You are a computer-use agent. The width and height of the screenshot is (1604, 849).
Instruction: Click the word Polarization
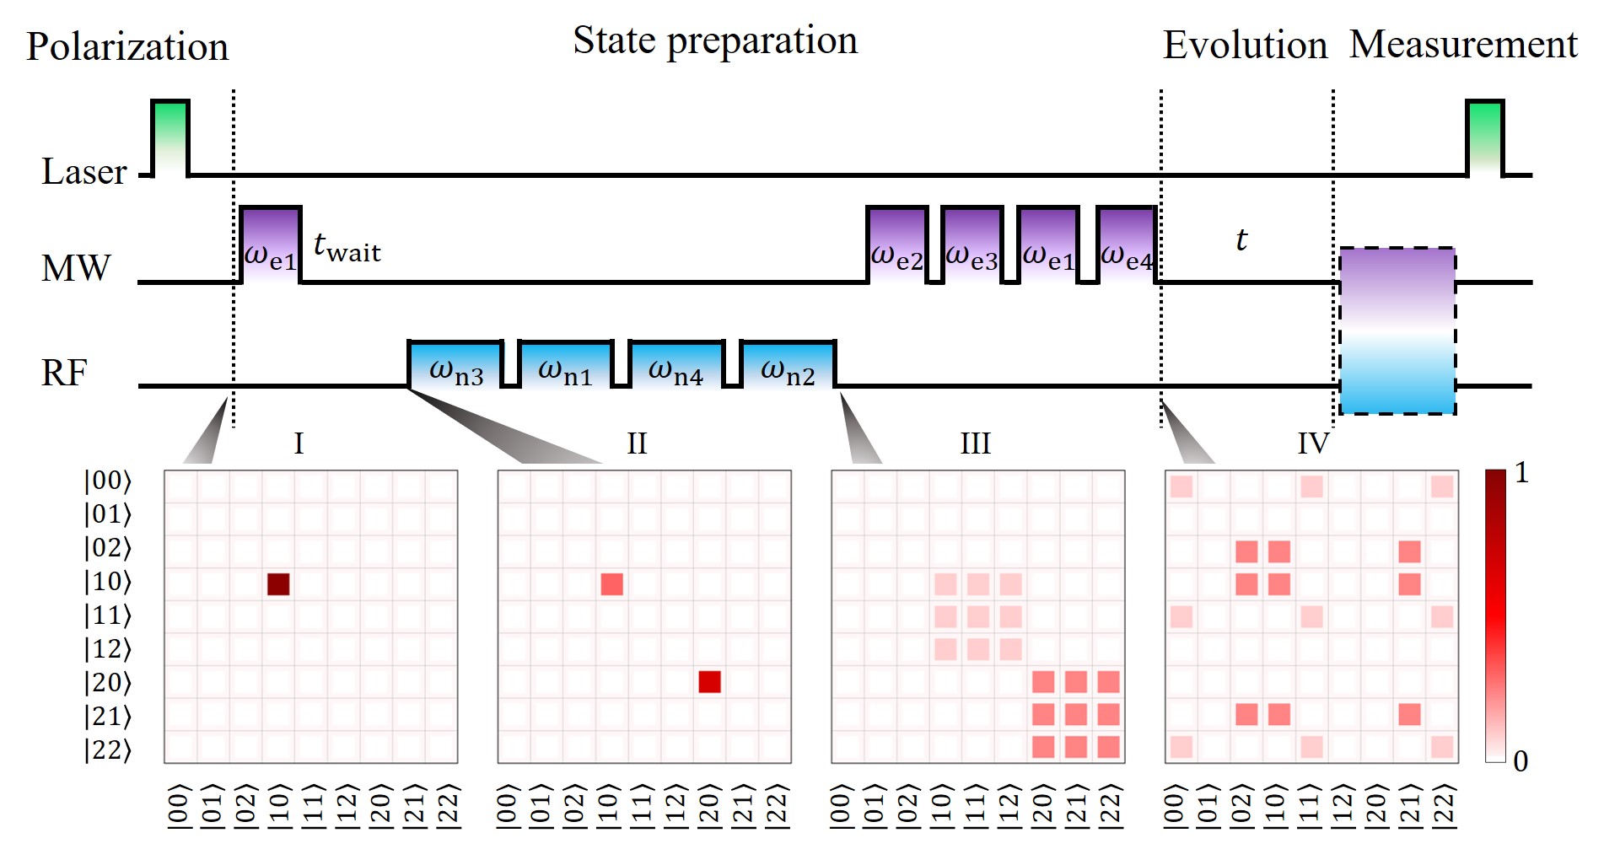(x=127, y=47)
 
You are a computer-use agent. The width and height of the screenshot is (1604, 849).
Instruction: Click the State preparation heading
(x=714, y=41)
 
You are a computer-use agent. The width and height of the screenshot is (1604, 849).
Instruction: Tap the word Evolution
(x=1245, y=46)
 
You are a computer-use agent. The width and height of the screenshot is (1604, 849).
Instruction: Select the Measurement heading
(x=1463, y=45)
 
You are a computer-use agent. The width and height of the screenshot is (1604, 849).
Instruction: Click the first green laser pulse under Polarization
(x=170, y=137)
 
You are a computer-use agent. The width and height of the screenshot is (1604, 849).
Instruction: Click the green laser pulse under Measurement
(x=1484, y=137)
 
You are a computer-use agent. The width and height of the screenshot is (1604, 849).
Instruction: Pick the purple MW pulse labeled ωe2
(x=897, y=244)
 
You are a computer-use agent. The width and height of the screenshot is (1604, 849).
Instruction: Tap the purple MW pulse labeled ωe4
(x=1127, y=244)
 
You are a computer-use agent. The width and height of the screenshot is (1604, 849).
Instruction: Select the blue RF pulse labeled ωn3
(x=455, y=364)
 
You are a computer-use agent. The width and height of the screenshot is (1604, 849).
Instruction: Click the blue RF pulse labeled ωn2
(x=788, y=364)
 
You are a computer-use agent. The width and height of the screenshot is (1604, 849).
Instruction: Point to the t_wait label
(x=347, y=247)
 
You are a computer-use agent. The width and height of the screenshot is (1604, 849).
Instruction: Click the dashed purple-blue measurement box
(x=1397, y=330)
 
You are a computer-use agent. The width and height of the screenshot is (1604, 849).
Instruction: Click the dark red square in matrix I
(x=278, y=583)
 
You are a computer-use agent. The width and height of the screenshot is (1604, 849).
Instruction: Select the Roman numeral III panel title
(x=975, y=443)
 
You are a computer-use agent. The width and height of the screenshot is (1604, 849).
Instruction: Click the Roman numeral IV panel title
(x=1312, y=443)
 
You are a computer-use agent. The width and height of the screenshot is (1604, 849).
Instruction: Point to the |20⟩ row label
(x=107, y=683)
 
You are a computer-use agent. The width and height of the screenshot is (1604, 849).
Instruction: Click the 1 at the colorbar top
(x=1521, y=473)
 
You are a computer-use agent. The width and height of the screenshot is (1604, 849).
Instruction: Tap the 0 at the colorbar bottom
(x=1521, y=761)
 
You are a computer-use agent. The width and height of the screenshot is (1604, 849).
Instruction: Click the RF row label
(x=64, y=373)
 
